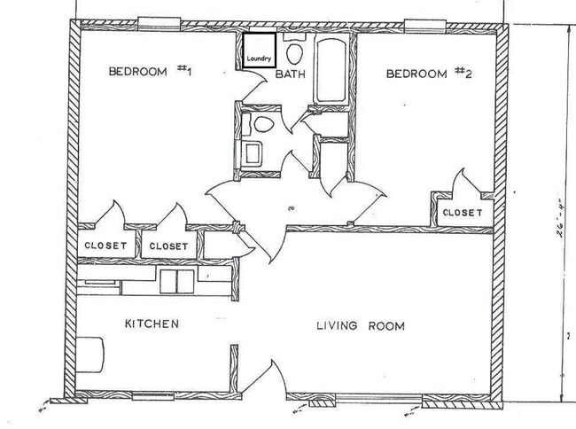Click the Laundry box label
click(257, 59)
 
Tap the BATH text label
click(290, 75)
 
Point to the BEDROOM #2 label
click(428, 74)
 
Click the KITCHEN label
click(152, 324)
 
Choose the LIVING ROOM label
click(361, 325)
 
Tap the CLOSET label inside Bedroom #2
click(462, 213)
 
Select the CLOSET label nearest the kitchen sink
click(168, 246)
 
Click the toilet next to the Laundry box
click(293, 51)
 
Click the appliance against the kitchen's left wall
click(88, 352)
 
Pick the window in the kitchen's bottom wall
click(154, 394)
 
